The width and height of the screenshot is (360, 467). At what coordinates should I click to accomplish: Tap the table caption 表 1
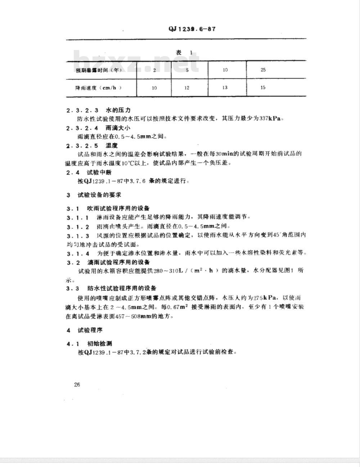(184, 53)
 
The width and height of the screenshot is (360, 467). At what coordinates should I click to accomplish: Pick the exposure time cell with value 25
(263, 70)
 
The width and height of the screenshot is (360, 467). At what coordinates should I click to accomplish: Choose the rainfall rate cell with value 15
(263, 87)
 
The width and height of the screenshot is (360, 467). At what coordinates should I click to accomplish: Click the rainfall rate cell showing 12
(187, 88)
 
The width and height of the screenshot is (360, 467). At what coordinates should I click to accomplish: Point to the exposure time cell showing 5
(187, 70)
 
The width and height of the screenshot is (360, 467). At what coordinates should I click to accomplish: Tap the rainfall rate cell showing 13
(225, 87)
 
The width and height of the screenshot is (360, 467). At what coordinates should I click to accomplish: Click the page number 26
(77, 384)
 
